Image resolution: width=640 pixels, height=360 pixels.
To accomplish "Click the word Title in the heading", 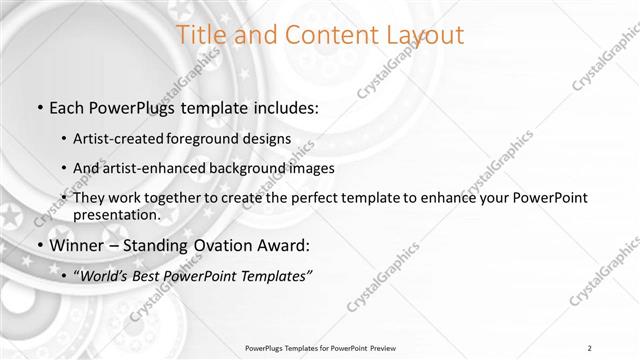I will click(202, 34).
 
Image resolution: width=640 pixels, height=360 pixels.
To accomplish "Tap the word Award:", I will click(286, 244).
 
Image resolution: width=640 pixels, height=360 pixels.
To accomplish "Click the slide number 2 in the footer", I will click(591, 347).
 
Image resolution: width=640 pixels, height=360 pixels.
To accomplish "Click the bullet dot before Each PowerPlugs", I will click(38, 107).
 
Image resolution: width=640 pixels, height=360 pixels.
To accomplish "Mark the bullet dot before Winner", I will click(38, 245).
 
